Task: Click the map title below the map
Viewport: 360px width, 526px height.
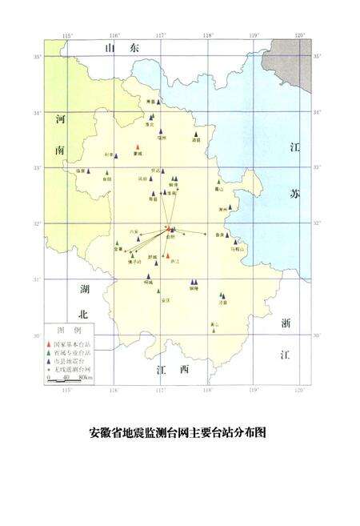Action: (x=177, y=433)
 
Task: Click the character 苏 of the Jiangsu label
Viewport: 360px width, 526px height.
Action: (x=293, y=195)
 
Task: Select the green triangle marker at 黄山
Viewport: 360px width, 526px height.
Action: (x=213, y=329)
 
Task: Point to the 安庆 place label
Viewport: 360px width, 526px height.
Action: (x=166, y=299)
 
